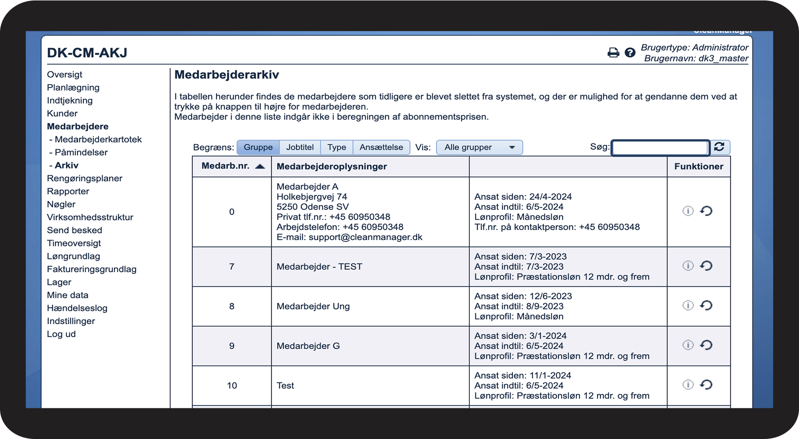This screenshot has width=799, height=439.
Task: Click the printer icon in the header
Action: point(613,53)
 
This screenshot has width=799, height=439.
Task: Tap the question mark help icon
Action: point(630,53)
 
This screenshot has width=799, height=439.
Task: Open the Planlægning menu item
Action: point(73,88)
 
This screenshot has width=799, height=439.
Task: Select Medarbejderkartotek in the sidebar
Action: point(98,140)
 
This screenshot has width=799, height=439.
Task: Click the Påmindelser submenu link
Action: point(81,153)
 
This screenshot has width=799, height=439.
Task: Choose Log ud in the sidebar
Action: point(61,335)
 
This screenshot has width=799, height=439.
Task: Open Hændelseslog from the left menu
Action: point(77,308)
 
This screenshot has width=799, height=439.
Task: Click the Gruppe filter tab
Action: point(258,147)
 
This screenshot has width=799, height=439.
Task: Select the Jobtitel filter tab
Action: point(300,147)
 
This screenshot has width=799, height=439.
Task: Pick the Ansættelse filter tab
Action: point(381,147)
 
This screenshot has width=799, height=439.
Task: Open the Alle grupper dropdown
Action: point(479,147)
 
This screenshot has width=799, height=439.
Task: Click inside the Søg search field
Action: point(660,148)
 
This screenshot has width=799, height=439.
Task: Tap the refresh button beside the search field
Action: point(719,147)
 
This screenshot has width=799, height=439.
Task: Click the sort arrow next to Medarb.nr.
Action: point(260,166)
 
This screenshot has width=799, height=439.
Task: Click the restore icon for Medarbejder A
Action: point(706,211)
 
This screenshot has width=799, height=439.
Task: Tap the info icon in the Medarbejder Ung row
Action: point(688,306)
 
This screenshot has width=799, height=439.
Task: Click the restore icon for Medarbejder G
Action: point(706,345)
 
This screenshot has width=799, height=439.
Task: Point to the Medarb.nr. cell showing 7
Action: point(232,267)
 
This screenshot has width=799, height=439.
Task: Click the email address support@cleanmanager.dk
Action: point(365,237)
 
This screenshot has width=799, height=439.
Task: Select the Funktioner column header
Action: point(699,166)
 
